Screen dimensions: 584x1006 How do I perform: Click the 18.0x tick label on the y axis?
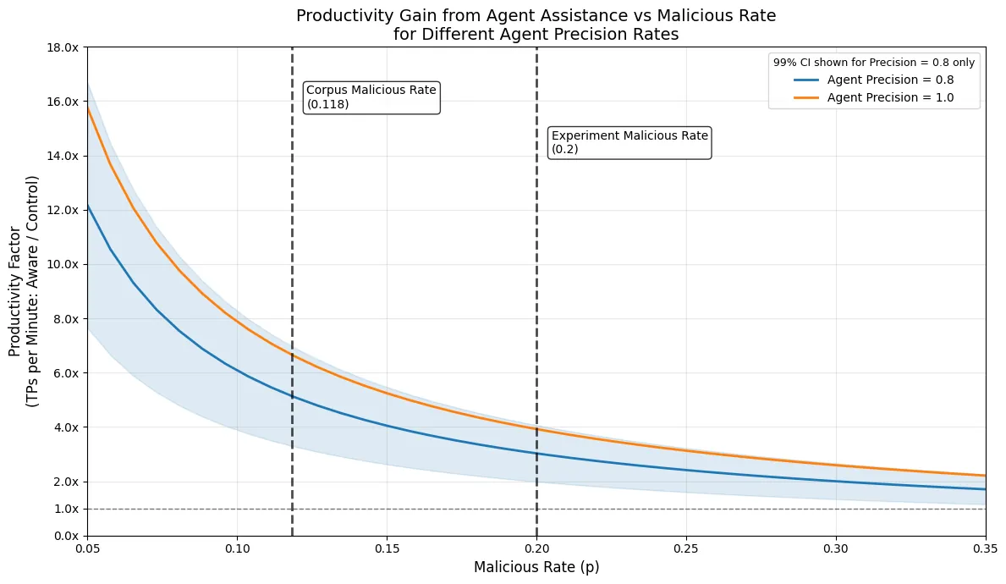pyautogui.click(x=65, y=47)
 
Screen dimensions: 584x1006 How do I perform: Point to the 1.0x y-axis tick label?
pyautogui.click(x=65, y=509)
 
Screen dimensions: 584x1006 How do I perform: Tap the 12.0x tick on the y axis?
pyautogui.click(x=65, y=210)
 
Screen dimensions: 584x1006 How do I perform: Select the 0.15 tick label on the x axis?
pyautogui.click(x=387, y=548)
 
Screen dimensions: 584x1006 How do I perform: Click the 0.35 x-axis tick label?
pyautogui.click(x=986, y=548)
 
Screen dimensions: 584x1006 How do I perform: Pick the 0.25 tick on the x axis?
pyautogui.click(x=686, y=548)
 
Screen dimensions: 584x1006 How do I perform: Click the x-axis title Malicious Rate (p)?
pyautogui.click(x=536, y=567)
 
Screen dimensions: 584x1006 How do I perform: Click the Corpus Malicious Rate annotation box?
pyautogui.click(x=371, y=97)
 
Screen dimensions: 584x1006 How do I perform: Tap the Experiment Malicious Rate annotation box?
pyautogui.click(x=629, y=142)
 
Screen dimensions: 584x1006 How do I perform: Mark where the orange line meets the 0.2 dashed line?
pyautogui.click(x=536, y=428)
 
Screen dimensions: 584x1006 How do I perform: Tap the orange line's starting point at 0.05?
pyautogui.click(x=87, y=107)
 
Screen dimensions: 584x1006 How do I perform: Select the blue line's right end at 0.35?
pyautogui.click(x=986, y=489)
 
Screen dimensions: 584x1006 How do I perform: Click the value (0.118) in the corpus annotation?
pyautogui.click(x=328, y=104)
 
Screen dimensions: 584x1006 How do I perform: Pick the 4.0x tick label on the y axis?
pyautogui.click(x=65, y=427)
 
